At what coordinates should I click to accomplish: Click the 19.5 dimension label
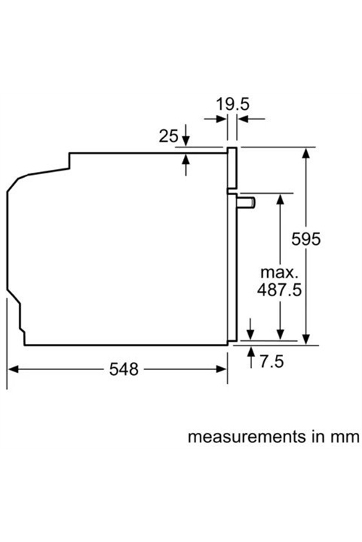click(x=232, y=104)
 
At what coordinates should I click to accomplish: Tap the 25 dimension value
click(x=169, y=136)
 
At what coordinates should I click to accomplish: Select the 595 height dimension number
click(x=306, y=239)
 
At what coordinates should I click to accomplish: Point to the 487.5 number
click(x=279, y=289)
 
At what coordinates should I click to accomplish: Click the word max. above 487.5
click(x=279, y=272)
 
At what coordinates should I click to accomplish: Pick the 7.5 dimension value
click(x=271, y=361)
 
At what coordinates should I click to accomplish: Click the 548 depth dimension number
click(x=124, y=369)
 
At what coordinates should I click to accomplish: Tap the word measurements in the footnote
click(x=247, y=437)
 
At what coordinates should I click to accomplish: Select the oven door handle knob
click(x=246, y=202)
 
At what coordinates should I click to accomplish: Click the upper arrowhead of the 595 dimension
click(x=306, y=152)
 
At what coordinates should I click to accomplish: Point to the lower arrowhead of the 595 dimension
click(x=306, y=339)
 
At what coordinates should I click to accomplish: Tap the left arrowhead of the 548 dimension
click(x=13, y=369)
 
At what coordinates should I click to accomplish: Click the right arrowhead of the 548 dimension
click(x=222, y=369)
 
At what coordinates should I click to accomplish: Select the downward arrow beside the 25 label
click(x=186, y=135)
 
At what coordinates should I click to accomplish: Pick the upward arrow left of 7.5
click(x=251, y=357)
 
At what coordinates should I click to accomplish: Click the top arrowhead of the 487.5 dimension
click(x=280, y=199)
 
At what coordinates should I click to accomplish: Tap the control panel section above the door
click(x=232, y=168)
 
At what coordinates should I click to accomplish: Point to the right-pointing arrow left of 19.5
click(x=215, y=119)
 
